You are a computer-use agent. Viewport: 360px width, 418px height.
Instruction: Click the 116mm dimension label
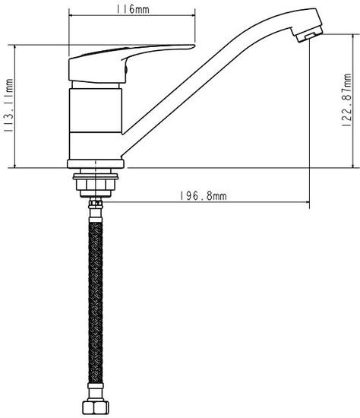coord(132,9)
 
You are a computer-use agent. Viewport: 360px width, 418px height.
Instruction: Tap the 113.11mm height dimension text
coord(8,106)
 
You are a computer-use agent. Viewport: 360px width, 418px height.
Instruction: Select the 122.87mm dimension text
coord(346,100)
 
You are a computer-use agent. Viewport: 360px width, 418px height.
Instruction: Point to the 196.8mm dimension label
coord(203,196)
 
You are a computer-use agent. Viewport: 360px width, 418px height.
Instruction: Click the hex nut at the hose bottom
coord(96,407)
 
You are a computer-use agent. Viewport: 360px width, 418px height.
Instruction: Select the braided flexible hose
coord(96,302)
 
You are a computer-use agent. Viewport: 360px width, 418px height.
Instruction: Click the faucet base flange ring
coord(96,163)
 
